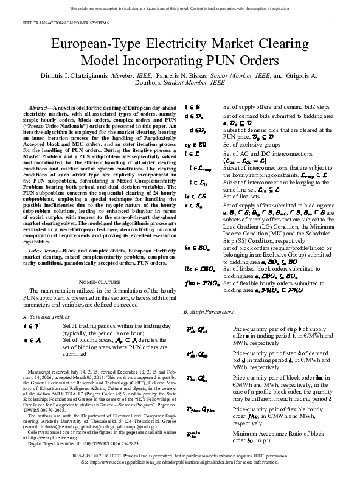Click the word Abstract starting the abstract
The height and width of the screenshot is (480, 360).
coord(40,106)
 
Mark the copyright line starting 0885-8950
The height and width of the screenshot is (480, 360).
coord(182,456)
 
